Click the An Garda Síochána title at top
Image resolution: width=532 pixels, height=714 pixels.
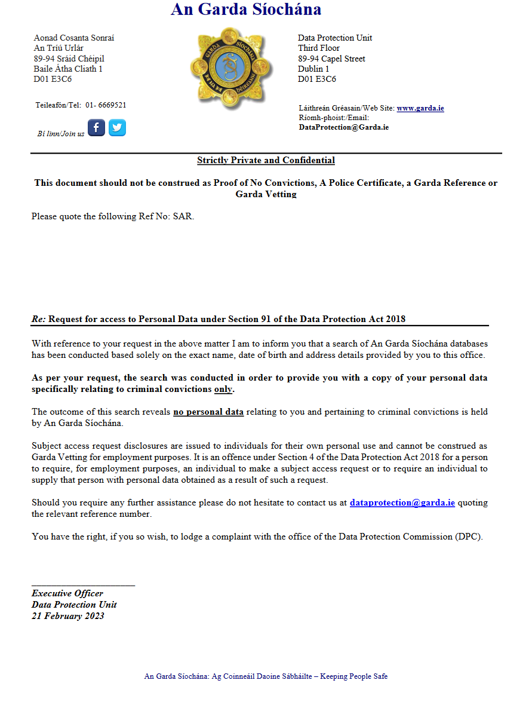(246, 10)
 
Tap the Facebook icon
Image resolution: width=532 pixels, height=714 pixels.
(97, 127)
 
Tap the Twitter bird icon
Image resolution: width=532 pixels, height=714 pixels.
(117, 127)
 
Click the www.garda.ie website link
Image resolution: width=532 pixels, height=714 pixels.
(420, 108)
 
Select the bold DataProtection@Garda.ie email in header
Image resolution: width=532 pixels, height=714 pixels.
(343, 127)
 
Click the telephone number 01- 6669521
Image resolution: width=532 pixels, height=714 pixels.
(105, 105)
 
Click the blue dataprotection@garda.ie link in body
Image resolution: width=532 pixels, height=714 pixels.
(402, 503)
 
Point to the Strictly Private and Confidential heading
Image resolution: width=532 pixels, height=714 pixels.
(266, 160)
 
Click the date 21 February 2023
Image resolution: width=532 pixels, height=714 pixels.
(68, 616)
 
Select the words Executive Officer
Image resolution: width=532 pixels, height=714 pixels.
(67, 593)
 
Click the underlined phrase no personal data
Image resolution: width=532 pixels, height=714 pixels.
(208, 412)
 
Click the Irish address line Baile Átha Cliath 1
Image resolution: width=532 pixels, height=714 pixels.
(68, 69)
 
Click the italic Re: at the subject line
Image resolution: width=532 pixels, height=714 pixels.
(39, 319)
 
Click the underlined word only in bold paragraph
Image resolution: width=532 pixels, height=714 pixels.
(223, 389)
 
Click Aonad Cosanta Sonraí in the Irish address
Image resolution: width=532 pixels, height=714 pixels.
(73, 38)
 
